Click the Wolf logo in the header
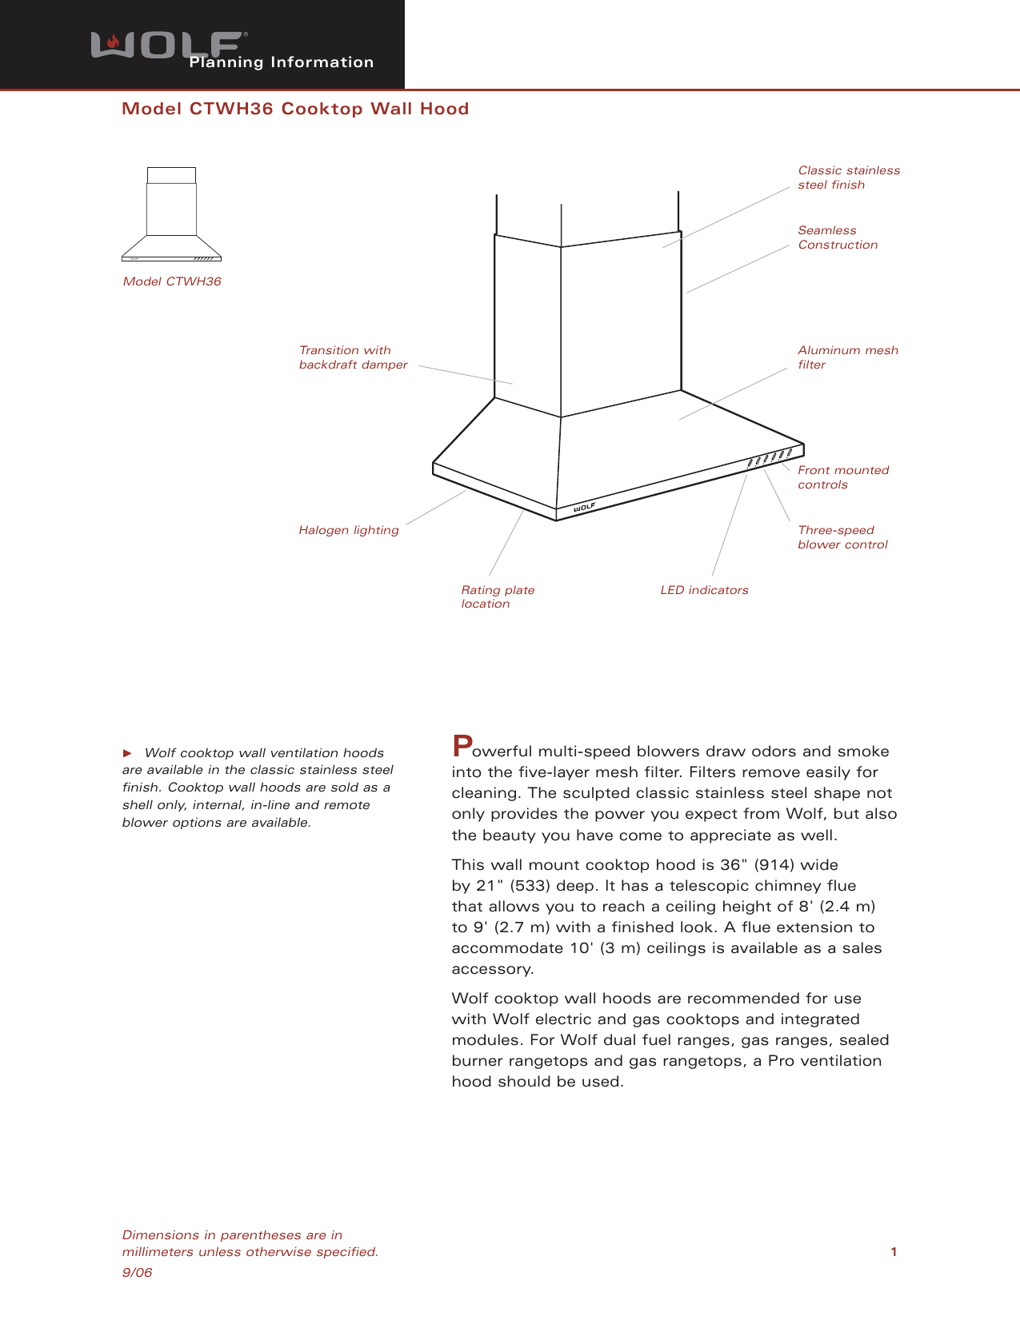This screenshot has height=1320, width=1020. pyautogui.click(x=166, y=45)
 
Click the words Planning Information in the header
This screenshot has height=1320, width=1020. pyautogui.click(x=282, y=62)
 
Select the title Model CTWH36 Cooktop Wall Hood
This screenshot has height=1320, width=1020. pyautogui.click(x=295, y=109)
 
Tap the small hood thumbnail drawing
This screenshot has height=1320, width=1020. pyautogui.click(x=171, y=214)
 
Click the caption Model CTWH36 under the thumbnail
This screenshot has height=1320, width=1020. pyautogui.click(x=172, y=281)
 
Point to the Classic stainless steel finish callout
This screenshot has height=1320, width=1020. pyautogui.click(x=848, y=177)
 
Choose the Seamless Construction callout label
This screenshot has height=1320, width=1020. pyautogui.click(x=837, y=237)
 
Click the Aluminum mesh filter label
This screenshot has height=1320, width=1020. pyautogui.click(x=847, y=357)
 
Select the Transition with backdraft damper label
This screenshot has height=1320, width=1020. pyautogui.click(x=353, y=357)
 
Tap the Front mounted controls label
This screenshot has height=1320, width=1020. pyautogui.click(x=842, y=477)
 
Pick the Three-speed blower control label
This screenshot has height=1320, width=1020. pyautogui.click(x=842, y=537)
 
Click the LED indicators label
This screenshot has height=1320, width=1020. pyautogui.click(x=704, y=590)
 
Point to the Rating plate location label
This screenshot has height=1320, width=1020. pyautogui.click(x=497, y=596)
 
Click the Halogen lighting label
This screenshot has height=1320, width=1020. pyautogui.click(x=349, y=530)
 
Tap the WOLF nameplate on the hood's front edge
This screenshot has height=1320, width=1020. pyautogui.click(x=585, y=507)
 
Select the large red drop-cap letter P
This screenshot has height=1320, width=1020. pyautogui.click(x=462, y=746)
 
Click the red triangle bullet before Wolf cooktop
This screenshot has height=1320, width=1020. pyautogui.click(x=126, y=753)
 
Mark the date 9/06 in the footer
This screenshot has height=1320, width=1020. pyautogui.click(x=137, y=1272)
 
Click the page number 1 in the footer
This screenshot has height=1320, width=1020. pyautogui.click(x=894, y=1252)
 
